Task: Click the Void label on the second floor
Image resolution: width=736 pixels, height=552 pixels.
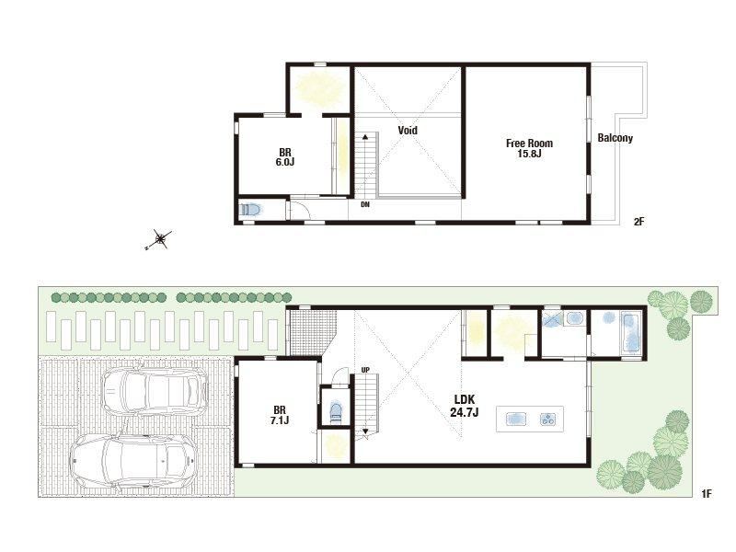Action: coord(408,130)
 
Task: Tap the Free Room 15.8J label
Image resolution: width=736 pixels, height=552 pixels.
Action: coord(530,148)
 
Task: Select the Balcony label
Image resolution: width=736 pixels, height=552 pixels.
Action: coord(615,138)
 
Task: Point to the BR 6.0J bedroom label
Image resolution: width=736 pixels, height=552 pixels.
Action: coord(285,157)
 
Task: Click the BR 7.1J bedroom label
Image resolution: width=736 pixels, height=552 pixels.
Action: coord(280,415)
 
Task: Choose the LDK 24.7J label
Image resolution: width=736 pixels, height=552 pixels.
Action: coord(465,406)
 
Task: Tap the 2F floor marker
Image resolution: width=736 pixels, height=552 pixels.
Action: coord(638,221)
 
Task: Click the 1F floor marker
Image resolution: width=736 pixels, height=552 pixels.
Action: coord(707,493)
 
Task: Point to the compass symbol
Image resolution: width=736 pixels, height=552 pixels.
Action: coord(159,239)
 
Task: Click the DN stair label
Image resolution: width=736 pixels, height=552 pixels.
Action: coord(365,204)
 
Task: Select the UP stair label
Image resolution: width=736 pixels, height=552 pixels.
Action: coord(365,370)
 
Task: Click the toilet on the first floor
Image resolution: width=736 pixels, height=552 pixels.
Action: coord(336,412)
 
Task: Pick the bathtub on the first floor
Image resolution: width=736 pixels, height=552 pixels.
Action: coord(630,332)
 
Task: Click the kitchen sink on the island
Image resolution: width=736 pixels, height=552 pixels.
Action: coord(516,419)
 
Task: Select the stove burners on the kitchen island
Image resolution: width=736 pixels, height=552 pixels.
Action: coord(547,419)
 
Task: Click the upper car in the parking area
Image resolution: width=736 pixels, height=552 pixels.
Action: coord(155,390)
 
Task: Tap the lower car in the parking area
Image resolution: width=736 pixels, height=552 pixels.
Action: coord(132,462)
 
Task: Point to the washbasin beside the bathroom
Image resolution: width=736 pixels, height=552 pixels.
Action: coord(573,318)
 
